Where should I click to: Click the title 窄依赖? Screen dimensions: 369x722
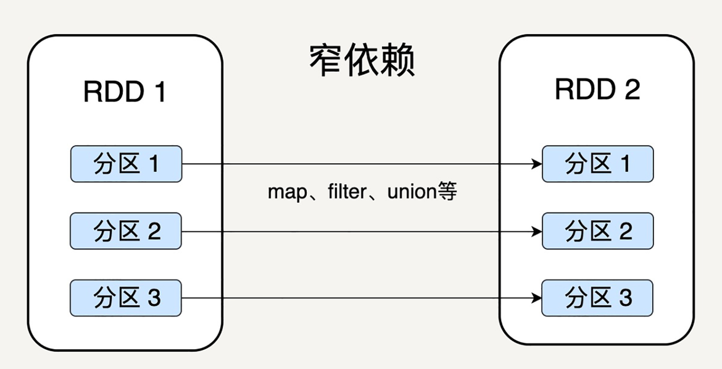tap(362, 61)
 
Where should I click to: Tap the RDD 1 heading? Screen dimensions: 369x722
tap(125, 93)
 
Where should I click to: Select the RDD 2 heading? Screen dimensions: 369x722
tap(597, 90)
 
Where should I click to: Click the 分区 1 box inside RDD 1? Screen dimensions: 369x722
tap(126, 164)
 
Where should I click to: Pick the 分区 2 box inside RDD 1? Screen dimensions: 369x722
tap(126, 231)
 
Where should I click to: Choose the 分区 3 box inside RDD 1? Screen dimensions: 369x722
tap(126, 298)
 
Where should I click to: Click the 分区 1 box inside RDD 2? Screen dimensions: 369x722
tap(597, 164)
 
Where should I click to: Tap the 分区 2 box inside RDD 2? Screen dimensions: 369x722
tap(597, 231)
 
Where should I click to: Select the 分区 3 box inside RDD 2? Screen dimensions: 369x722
tap(597, 298)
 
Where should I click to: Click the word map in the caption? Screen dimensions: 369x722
tap(286, 193)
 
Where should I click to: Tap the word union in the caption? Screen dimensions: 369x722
tap(412, 192)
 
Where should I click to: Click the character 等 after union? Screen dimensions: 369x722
tap(447, 192)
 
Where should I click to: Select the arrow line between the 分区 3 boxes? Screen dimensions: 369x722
tap(358, 299)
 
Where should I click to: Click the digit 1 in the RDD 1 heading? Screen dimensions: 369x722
tap(159, 93)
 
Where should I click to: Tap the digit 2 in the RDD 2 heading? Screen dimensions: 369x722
tap(632, 90)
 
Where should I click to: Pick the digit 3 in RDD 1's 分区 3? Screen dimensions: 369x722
tap(154, 298)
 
